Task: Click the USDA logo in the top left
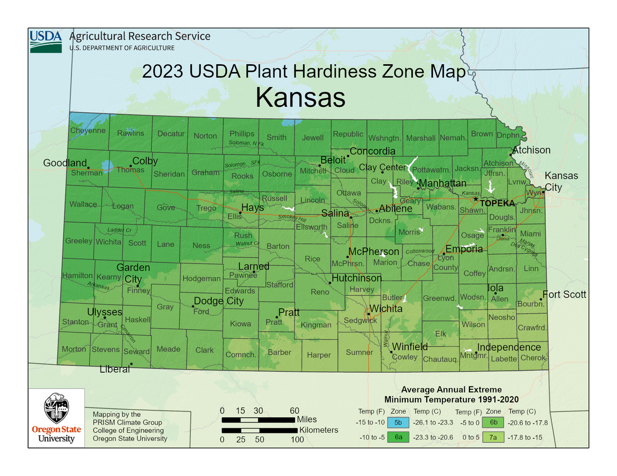click(46, 41)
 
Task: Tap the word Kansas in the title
click(300, 97)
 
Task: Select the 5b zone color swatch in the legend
click(398, 423)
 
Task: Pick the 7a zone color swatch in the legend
click(494, 437)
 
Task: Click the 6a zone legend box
click(398, 437)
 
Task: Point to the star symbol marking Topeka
click(476, 199)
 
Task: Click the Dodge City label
click(219, 301)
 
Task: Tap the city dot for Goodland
click(88, 168)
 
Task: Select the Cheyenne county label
click(88, 130)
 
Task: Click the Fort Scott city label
click(564, 295)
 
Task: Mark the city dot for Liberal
click(131, 364)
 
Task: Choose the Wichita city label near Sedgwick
click(385, 309)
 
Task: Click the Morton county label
click(74, 349)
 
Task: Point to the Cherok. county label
click(533, 358)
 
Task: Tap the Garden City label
click(133, 273)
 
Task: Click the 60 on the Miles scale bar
click(294, 410)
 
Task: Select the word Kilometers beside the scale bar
click(318, 430)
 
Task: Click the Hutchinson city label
click(356, 278)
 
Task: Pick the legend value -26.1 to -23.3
click(433, 423)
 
